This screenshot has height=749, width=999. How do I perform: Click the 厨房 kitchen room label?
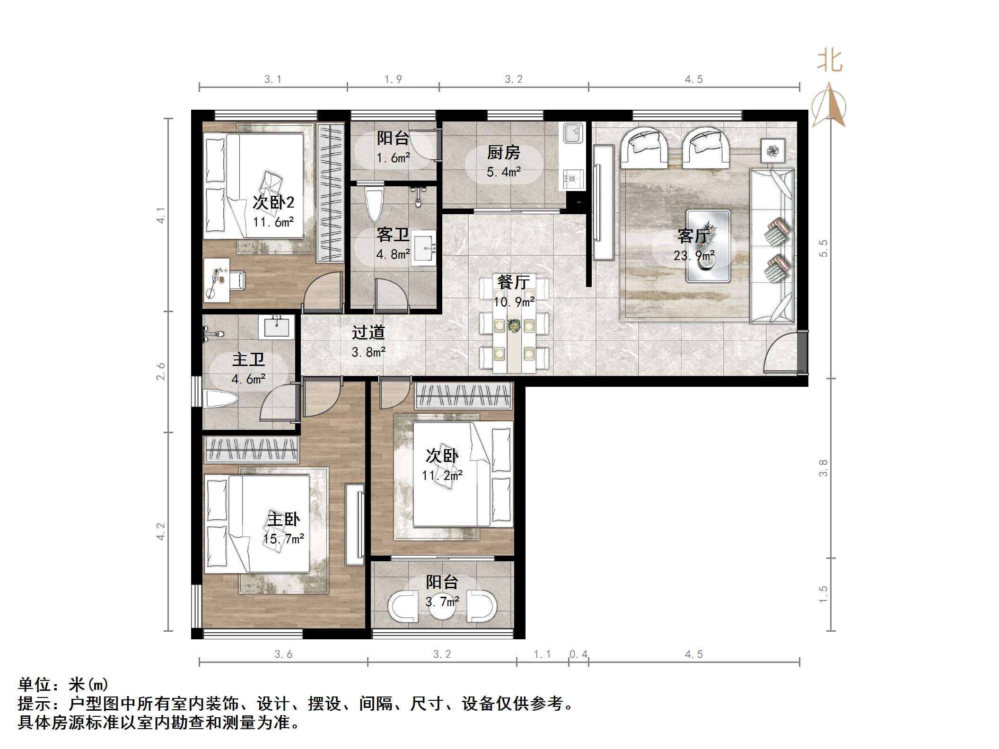tap(503, 153)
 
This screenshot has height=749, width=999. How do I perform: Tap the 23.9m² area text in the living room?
tap(694, 256)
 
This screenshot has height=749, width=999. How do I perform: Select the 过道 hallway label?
tap(368, 333)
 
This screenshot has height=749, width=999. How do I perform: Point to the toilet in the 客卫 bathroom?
tap(375, 204)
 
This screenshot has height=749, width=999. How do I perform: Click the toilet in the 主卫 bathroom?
tap(219, 398)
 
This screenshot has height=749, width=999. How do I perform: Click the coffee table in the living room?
tap(708, 246)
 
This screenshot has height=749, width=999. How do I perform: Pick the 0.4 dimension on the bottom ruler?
tap(578, 654)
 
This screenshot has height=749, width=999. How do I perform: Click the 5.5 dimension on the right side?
tap(824, 248)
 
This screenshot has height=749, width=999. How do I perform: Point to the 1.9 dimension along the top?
tap(393, 79)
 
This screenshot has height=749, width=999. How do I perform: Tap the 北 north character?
tap(830, 61)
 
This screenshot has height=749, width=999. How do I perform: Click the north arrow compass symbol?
tap(829, 106)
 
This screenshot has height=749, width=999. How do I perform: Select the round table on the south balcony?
tap(442, 608)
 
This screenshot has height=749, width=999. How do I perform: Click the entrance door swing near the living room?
tap(780, 352)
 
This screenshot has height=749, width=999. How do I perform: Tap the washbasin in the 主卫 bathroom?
tap(276, 327)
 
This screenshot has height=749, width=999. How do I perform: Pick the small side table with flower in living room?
tap(773, 151)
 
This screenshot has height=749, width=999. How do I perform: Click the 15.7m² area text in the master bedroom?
tap(283, 539)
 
